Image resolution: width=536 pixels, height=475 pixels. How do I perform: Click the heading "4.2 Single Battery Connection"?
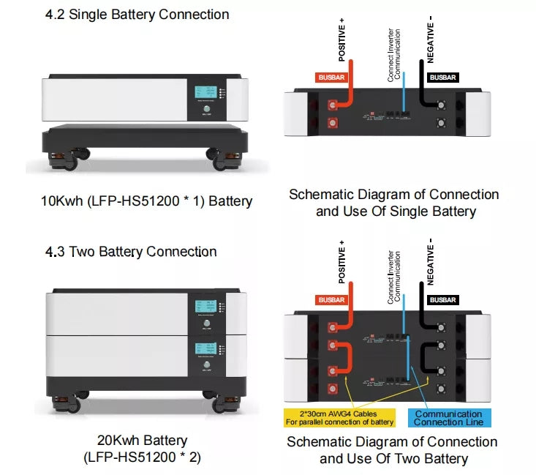(x=137, y=15)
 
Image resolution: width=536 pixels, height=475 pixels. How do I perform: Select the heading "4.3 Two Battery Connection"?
(x=131, y=252)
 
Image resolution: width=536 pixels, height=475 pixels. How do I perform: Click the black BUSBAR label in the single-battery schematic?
(x=442, y=77)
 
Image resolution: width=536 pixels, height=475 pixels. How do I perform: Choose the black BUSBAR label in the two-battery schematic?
(x=442, y=300)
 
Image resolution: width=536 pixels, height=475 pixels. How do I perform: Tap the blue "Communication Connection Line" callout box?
(x=448, y=418)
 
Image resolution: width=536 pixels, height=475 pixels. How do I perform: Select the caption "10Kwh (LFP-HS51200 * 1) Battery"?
(x=147, y=201)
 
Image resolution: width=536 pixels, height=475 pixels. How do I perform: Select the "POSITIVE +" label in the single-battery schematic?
(x=341, y=40)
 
